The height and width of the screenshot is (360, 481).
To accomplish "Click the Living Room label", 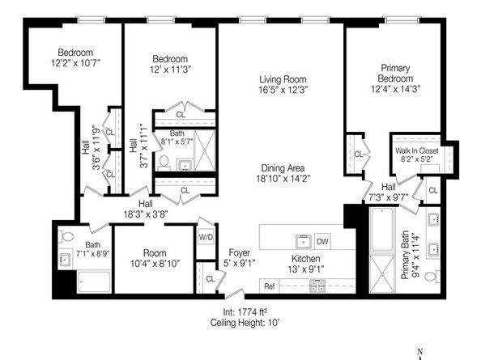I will [x=280, y=78].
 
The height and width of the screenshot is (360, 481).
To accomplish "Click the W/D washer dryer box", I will [x=206, y=237].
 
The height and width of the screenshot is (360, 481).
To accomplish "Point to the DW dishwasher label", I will [x=321, y=240].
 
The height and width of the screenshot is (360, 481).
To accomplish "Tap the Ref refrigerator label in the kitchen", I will [x=269, y=286].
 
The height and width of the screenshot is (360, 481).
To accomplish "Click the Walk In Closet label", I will [x=416, y=150].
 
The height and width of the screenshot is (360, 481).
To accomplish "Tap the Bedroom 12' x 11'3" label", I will [x=170, y=59].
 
